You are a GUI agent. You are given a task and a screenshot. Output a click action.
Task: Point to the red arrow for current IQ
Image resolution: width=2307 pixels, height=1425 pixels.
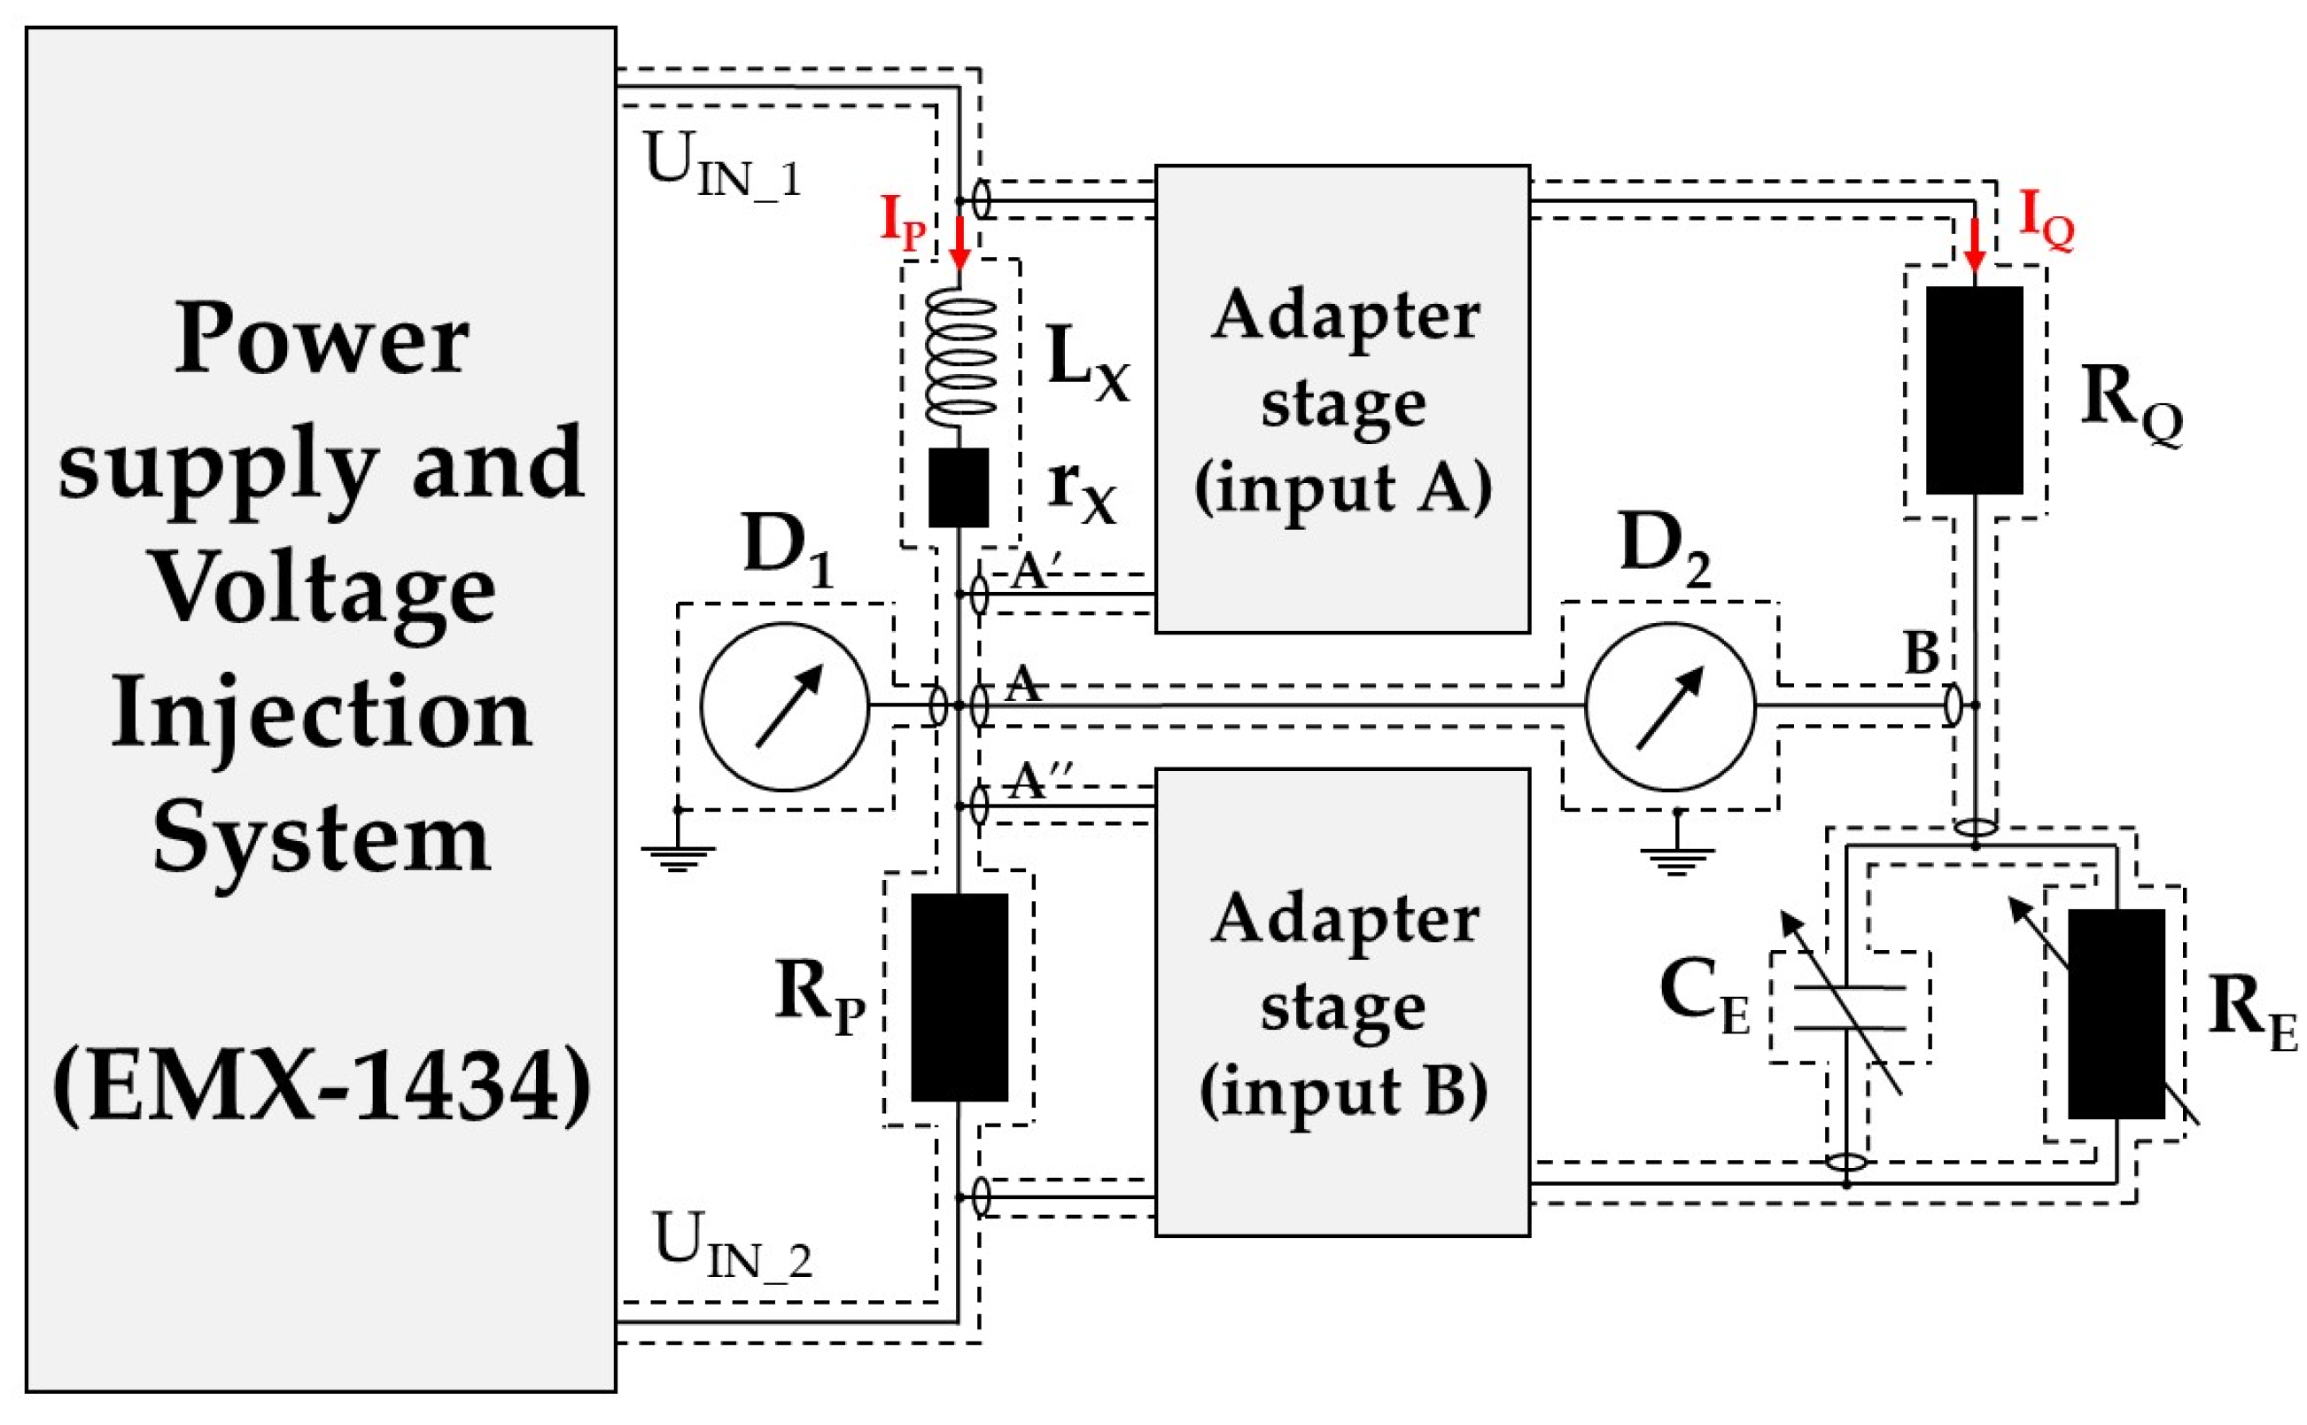1975,243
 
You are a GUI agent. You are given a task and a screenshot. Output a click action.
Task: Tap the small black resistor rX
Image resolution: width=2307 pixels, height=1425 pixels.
959,487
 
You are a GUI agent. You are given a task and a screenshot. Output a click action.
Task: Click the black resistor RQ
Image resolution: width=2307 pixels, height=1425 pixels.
1975,390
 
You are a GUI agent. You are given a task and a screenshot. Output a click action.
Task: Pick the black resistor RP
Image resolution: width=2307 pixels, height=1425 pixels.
959,997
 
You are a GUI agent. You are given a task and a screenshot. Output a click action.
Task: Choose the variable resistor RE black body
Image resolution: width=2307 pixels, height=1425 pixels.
2116,1014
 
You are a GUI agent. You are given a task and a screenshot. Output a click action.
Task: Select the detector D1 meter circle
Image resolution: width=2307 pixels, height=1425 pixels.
785,706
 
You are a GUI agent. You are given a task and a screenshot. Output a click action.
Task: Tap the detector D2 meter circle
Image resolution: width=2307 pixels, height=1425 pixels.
1670,706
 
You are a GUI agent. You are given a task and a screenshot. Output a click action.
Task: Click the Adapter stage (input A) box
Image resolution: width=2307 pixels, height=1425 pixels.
1342,399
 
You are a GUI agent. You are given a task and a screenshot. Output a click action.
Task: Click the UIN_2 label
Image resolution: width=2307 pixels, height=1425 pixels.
731,1244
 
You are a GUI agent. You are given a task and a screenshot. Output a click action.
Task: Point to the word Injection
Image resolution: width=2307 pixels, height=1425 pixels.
322,719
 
